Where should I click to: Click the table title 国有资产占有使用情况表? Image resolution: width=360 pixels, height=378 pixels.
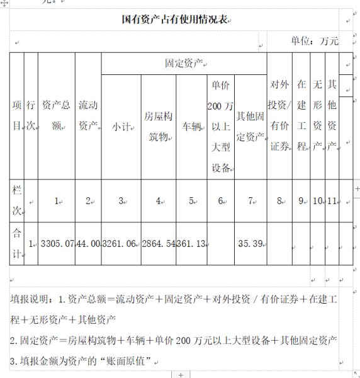pos(174,20)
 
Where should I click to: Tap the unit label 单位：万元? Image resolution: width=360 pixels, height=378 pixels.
pos(314,42)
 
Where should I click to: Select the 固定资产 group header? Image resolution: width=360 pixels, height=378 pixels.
pos(183,63)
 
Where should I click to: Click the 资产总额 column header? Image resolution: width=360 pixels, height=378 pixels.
pos(56,116)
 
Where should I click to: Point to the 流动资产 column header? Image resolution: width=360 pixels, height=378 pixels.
pos(87,116)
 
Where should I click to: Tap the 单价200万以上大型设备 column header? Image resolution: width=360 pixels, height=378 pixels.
pos(220,126)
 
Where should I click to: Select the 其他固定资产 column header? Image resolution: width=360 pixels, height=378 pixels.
pos(250,126)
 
